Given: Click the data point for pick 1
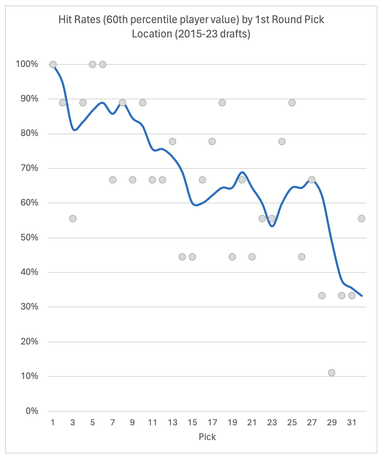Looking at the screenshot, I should (x=53, y=64).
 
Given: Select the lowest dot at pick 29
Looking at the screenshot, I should (x=332, y=373).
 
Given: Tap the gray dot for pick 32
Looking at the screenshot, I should (x=361, y=219).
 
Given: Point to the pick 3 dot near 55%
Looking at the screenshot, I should (x=73, y=219).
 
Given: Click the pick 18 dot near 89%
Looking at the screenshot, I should (x=222, y=103).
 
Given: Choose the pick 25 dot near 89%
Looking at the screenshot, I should (x=292, y=103).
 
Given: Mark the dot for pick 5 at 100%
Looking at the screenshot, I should (x=93, y=64).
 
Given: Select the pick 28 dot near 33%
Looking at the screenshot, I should (x=322, y=296).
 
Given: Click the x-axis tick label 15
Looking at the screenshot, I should (x=192, y=422).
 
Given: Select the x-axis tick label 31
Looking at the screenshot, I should (x=351, y=422).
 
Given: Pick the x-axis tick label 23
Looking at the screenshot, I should (x=272, y=422).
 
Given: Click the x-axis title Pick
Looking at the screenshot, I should (x=207, y=437).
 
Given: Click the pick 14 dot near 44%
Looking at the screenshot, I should (x=182, y=257).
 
